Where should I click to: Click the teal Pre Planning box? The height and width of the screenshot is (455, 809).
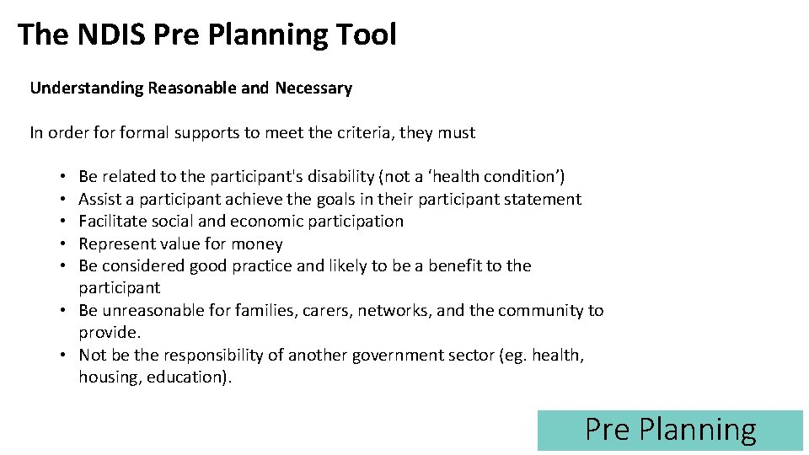point(670,430)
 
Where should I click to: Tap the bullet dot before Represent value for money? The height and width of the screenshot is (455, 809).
point(64,244)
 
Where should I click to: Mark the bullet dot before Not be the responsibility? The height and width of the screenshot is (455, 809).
point(64,356)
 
